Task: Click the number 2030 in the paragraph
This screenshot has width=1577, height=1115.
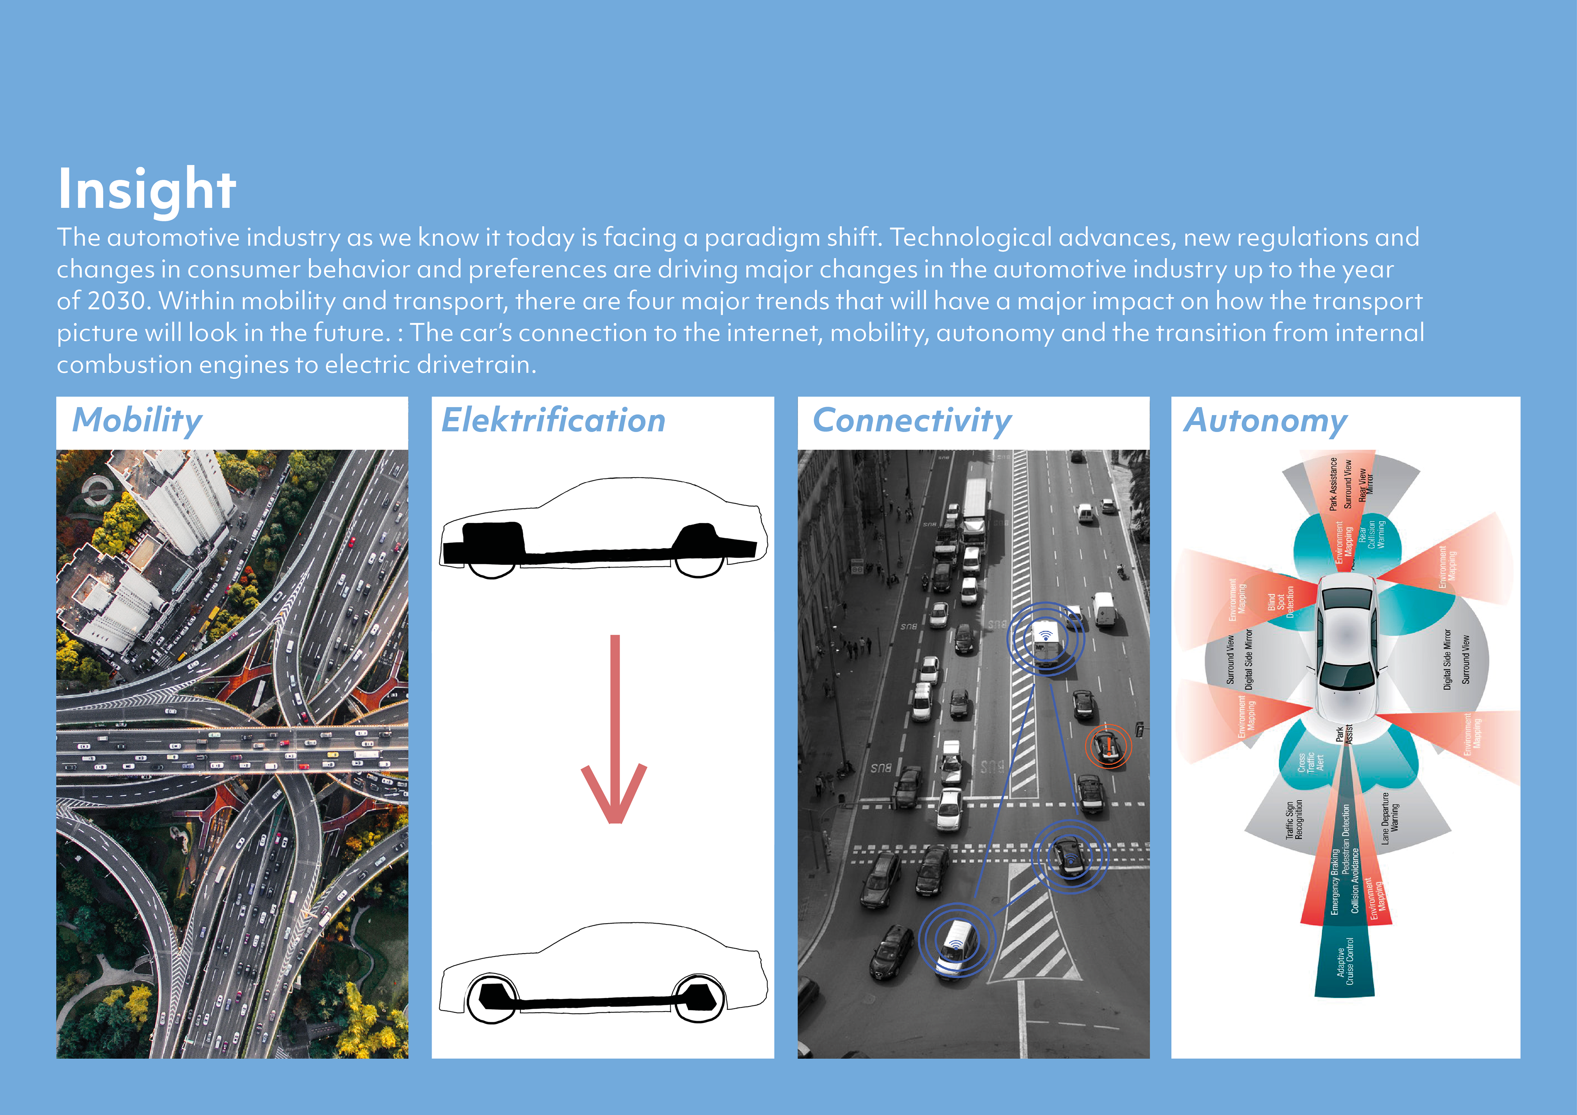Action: pyautogui.click(x=117, y=301)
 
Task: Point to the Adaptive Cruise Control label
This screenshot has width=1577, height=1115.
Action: pyautogui.click(x=1345, y=962)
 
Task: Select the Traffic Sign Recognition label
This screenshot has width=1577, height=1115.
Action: pyautogui.click(x=1293, y=820)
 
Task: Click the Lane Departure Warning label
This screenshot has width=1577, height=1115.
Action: pyautogui.click(x=1389, y=818)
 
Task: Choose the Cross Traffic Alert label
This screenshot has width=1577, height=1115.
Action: pyautogui.click(x=1310, y=763)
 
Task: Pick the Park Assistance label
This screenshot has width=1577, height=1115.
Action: pyautogui.click(x=1333, y=484)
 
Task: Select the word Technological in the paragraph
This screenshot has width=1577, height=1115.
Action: pyautogui.click(x=970, y=238)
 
